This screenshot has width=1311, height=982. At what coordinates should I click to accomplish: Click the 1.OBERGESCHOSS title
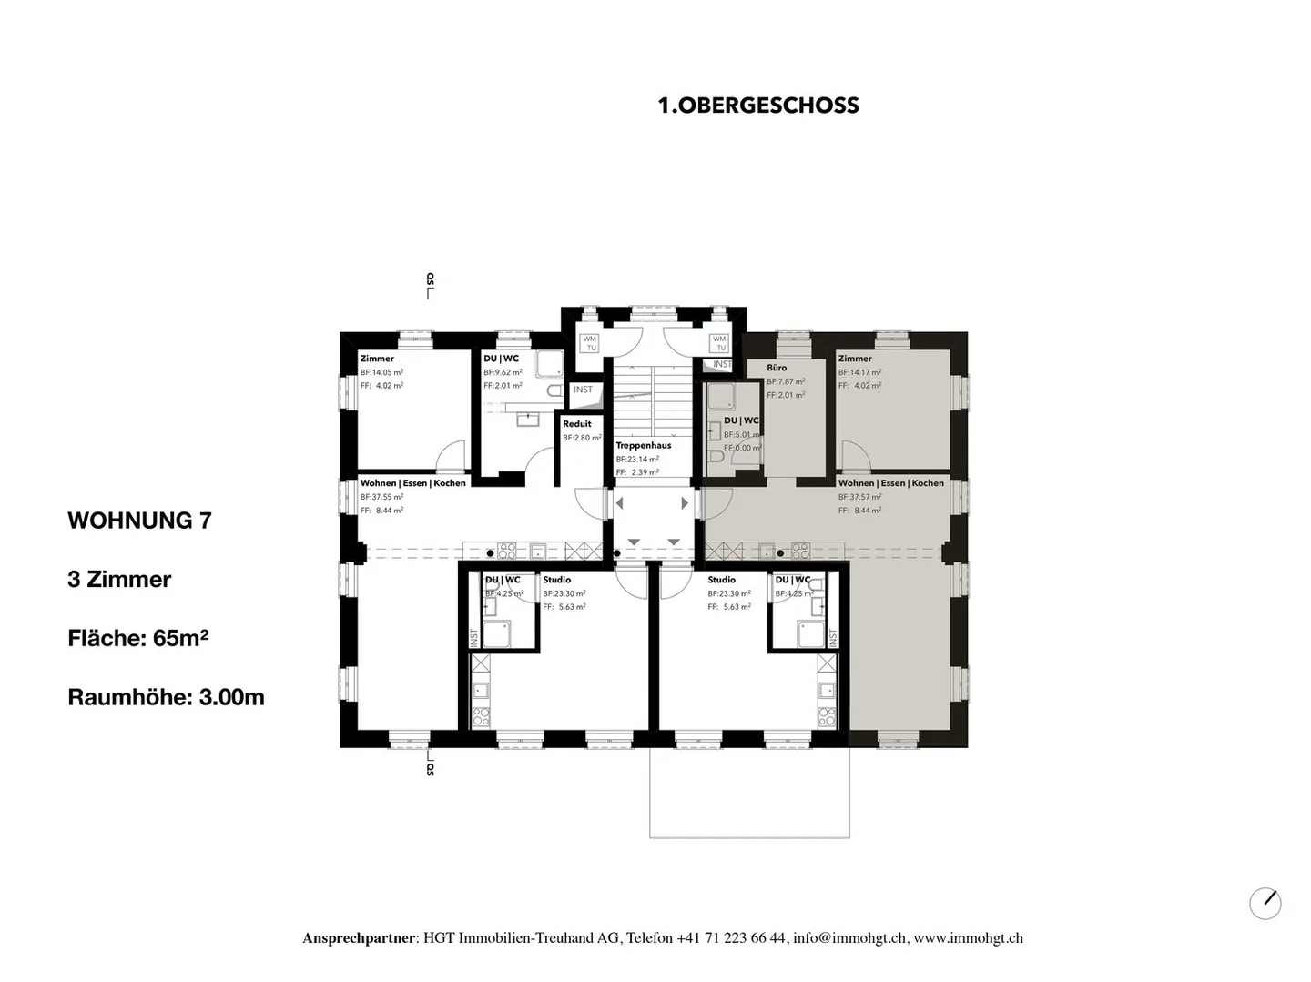[758, 106]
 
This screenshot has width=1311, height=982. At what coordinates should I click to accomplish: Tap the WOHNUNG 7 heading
[139, 521]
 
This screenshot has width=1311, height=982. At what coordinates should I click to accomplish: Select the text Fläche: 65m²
[137, 638]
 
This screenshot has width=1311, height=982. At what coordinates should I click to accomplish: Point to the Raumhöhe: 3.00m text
[166, 697]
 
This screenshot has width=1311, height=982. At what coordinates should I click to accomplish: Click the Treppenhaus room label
[643, 446]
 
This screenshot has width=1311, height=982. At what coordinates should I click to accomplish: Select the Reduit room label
[576, 424]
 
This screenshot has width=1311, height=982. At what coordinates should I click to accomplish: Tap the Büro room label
[777, 368]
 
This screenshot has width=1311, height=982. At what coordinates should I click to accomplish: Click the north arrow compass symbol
[1265, 903]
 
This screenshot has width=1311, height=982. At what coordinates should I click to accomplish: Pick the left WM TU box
[590, 343]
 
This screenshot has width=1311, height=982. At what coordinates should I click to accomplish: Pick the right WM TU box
[719, 343]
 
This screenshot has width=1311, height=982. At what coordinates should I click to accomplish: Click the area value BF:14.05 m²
[381, 372]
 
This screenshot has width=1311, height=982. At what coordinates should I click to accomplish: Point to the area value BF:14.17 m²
[859, 372]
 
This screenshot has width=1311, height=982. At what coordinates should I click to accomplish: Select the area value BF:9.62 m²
[503, 372]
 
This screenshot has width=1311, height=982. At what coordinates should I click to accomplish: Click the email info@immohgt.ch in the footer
[849, 938]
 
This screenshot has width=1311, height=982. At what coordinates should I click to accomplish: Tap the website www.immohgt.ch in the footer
[968, 938]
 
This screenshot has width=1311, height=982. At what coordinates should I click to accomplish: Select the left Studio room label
[556, 580]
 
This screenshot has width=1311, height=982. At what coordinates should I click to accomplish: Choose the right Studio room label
[721, 580]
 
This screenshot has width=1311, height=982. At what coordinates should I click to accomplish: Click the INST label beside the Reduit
[583, 390]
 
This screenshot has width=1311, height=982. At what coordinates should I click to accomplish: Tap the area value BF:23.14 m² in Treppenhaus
[636, 460]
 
